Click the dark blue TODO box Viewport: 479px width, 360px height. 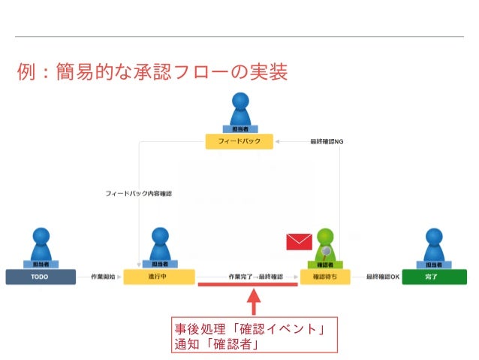point(41,277)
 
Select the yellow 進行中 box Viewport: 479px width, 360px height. point(159,277)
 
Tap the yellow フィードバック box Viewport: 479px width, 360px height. point(239,141)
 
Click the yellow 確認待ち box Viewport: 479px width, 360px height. point(325,277)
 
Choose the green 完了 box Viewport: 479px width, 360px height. point(431,277)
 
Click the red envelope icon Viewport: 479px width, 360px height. point(299,241)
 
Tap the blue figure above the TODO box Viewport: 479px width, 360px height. point(41,245)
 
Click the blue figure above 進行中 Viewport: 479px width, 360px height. point(159,245)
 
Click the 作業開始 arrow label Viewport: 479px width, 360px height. point(102,277)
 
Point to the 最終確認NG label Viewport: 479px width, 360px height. point(326,141)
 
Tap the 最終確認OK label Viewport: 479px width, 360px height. point(382,277)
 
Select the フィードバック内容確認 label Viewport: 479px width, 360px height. point(138,193)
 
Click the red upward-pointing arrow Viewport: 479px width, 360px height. point(254,301)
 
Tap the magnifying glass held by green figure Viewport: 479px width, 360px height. point(327,251)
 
